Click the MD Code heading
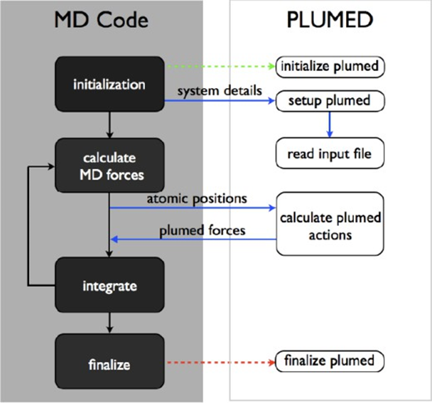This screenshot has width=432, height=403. pos(101,21)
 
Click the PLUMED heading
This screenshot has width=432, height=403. pos(329,21)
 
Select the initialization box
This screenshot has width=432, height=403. pos(109,85)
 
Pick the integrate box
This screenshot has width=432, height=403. pos(109,286)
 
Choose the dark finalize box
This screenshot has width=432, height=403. pos(109,365)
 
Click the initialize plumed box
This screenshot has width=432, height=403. pos(330,67)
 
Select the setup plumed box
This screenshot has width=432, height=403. pos(330,101)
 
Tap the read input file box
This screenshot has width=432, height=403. pos(330,153)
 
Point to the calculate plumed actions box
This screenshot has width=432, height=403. pos(330,224)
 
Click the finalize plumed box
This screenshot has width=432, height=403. pos(330,360)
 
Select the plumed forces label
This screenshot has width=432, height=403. pos(201,230)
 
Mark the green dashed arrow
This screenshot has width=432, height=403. pos(220,68)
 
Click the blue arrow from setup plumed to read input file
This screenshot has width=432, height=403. pos(330,126)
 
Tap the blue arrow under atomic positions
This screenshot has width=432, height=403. pos(192,208)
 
